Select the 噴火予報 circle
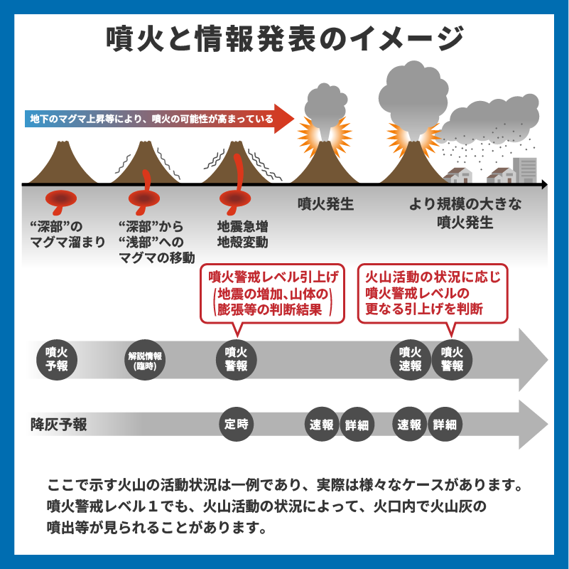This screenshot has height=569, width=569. click(56, 359)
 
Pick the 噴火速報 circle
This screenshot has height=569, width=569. click(410, 359)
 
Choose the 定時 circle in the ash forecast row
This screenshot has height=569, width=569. click(236, 424)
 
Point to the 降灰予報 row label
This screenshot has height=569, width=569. click(60, 425)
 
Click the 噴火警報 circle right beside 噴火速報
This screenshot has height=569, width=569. click(452, 359)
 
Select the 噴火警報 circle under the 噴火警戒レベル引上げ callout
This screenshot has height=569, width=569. click(236, 359)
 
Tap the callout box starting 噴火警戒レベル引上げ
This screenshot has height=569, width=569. click(272, 292)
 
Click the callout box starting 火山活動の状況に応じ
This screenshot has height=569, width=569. click(433, 292)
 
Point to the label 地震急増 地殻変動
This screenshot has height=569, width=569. click(242, 234)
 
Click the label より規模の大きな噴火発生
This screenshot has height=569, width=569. click(465, 213)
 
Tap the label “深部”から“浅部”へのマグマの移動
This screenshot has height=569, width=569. click(156, 242)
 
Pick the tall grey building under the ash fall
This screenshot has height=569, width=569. click(525, 170)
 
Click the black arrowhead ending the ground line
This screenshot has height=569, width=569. click(543, 184)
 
